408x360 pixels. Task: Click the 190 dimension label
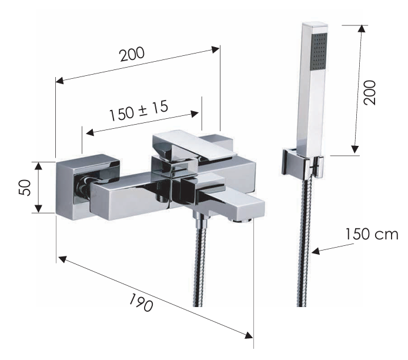(x=141, y=302)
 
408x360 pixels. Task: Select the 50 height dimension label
(x=25, y=188)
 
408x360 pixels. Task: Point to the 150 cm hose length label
(x=372, y=234)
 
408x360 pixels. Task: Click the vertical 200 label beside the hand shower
(x=370, y=93)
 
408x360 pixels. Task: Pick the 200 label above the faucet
(x=132, y=54)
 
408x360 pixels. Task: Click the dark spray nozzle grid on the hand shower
(x=319, y=51)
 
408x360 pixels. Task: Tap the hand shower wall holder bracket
(x=302, y=164)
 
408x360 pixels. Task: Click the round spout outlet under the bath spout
(x=242, y=221)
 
